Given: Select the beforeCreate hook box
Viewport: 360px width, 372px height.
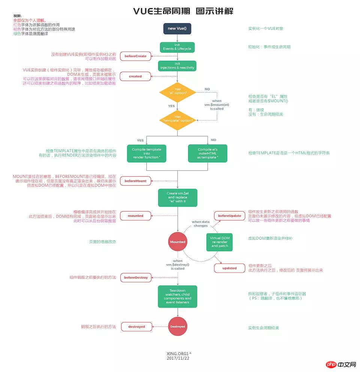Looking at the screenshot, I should pyautogui.click(x=135, y=56).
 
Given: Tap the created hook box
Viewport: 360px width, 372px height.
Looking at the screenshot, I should pyautogui.click(x=135, y=76).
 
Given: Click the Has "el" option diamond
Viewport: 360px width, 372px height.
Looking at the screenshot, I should pyautogui.click(x=177, y=91).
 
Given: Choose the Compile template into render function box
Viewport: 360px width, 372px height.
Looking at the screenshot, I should pyautogui.click(x=146, y=153).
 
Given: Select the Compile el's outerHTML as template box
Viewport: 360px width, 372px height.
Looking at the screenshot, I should pyautogui.click(x=207, y=153).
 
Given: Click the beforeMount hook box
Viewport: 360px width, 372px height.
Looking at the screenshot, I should pyautogui.click(x=135, y=181).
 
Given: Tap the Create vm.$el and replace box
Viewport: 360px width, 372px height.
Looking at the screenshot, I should pyautogui.click(x=177, y=197).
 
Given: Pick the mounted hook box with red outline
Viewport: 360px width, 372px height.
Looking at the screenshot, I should pyautogui.click(x=135, y=216).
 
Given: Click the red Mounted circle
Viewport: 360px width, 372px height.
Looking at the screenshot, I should pyautogui.click(x=177, y=242).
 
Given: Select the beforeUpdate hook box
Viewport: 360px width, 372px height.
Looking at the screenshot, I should pyautogui.click(x=229, y=216).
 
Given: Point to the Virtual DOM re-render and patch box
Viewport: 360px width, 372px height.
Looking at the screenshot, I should pyautogui.click(x=219, y=242).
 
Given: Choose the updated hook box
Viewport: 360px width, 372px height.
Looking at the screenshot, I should pyautogui.click(x=229, y=268).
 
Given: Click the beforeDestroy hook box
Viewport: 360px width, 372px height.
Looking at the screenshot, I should pyautogui.click(x=136, y=278).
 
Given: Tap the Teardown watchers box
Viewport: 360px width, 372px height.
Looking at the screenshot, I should pyautogui.click(x=177, y=296).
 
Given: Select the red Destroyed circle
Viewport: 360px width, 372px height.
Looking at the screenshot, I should pyautogui.click(x=177, y=327).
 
